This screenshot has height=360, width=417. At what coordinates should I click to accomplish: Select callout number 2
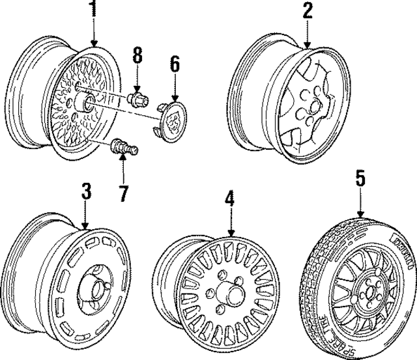coord(307,10)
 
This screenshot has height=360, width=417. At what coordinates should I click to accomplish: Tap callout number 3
coord(86,192)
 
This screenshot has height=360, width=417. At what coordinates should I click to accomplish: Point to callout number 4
coord(229,199)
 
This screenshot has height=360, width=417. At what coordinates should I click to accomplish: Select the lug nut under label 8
coord(137,100)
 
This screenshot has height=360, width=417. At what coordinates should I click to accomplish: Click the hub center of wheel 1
coord(81,103)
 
